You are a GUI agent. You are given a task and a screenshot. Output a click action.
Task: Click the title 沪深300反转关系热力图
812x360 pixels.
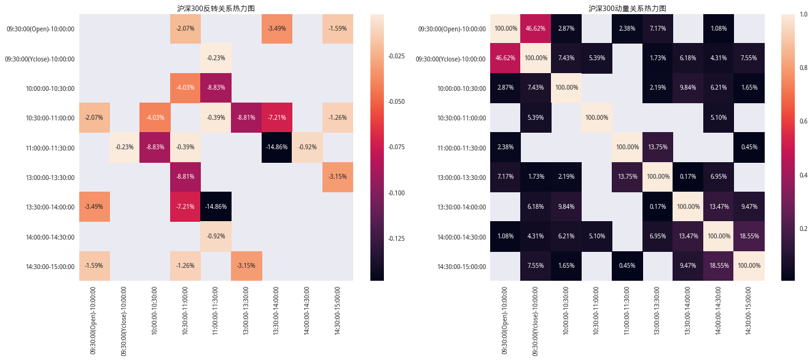tap(216, 9)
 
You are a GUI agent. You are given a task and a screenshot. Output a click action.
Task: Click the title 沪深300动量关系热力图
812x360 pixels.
tap(627, 9)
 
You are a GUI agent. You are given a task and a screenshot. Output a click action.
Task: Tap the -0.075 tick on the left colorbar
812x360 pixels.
tap(397, 147)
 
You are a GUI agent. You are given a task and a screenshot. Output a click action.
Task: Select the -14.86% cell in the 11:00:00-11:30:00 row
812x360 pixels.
tap(277, 147)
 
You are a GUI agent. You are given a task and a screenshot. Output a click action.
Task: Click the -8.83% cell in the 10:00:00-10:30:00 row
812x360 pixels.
tap(216, 88)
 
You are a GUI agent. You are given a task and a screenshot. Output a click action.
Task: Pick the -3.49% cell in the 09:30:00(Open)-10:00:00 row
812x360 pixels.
tap(277, 29)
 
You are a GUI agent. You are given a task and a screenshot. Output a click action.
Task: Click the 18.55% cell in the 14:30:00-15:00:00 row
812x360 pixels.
tap(719, 266)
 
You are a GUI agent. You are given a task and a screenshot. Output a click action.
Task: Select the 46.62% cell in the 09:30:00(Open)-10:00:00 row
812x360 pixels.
tap(536, 29)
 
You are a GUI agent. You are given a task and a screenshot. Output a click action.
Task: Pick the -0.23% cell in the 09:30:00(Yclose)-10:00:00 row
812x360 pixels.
tap(216, 58)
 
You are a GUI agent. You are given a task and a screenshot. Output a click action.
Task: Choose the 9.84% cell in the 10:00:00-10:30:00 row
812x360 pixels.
tap(688, 88)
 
